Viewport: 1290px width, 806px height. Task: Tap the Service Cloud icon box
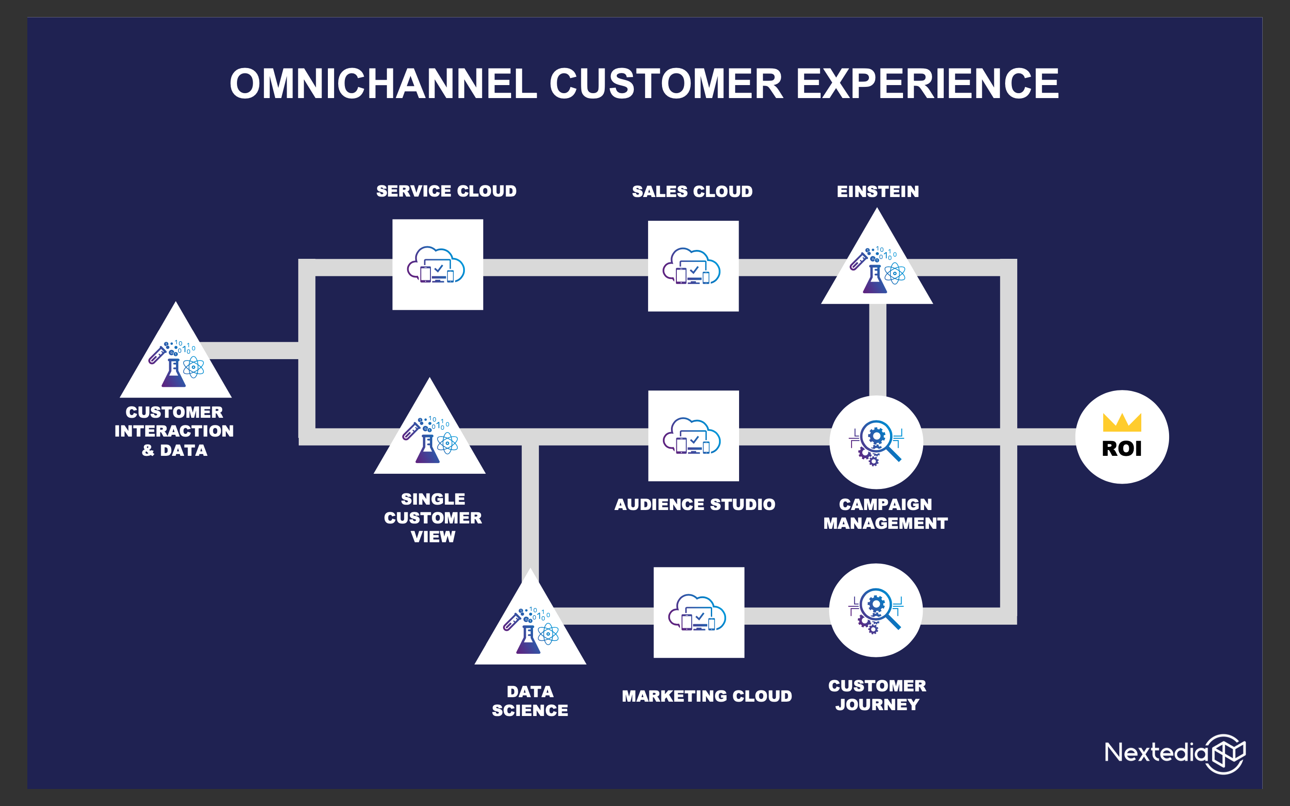click(x=438, y=264)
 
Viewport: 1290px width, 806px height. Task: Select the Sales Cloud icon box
click(x=693, y=266)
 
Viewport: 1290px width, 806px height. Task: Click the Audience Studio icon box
click(x=693, y=436)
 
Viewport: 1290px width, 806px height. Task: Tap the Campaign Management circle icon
click(x=876, y=442)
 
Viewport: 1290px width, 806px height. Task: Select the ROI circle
click(x=1122, y=437)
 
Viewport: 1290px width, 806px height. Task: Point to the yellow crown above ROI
click(x=1122, y=422)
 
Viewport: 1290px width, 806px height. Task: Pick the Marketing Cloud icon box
click(x=699, y=613)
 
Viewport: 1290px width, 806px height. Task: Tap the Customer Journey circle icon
click(x=876, y=610)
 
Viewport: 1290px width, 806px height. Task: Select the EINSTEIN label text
click(x=878, y=191)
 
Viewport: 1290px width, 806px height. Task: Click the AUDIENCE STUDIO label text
click(x=695, y=504)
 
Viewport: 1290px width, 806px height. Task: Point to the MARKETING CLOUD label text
click(x=707, y=696)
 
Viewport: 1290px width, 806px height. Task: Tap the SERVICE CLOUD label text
click(x=447, y=191)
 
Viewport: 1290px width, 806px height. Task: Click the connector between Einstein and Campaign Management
click(x=877, y=350)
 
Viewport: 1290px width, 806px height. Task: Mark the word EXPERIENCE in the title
click(x=927, y=84)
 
